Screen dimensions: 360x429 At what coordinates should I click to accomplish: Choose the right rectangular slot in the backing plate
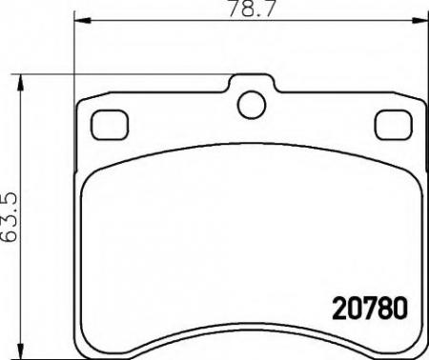click(390, 124)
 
